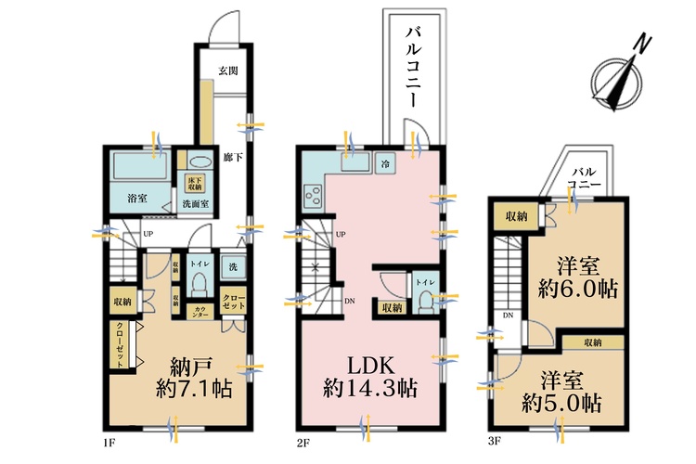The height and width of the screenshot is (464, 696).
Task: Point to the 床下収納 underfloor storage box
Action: pos(195,182)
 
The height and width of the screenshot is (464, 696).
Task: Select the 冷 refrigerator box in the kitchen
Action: pos(386,164)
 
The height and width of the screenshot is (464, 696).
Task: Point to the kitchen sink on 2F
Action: pos(354,164)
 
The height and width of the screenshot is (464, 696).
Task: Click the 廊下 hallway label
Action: pos(233,159)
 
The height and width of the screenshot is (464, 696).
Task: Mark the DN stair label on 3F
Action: pos(508,316)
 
